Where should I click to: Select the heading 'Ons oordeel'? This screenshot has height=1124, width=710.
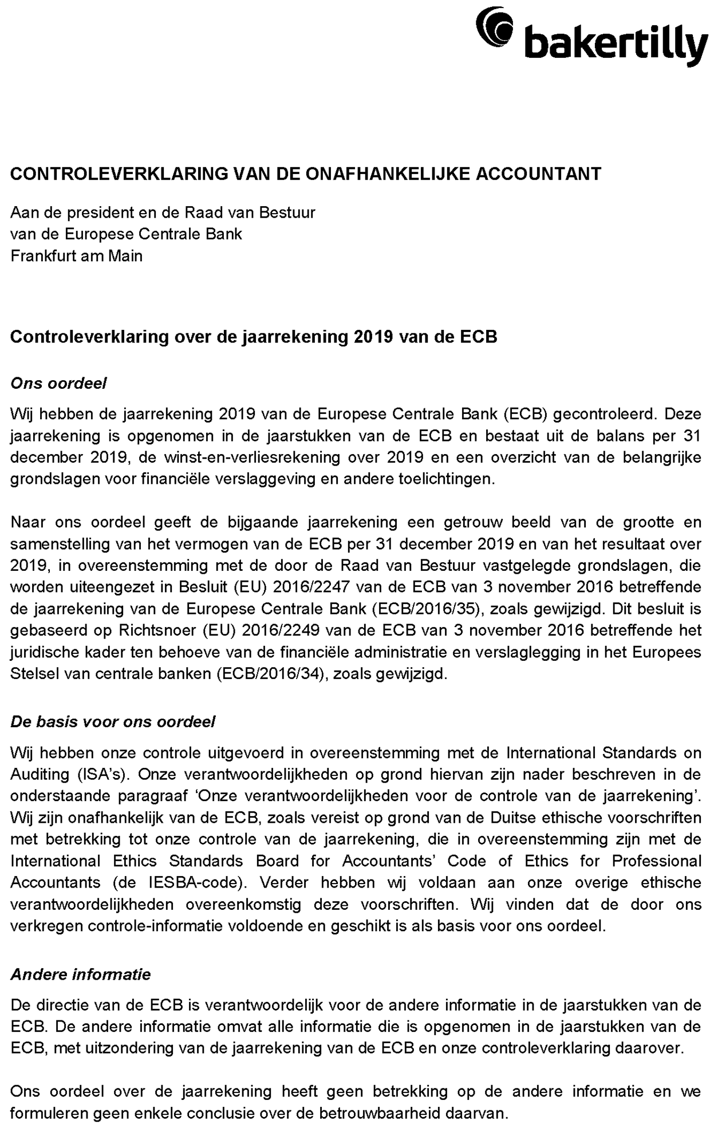click(x=58, y=383)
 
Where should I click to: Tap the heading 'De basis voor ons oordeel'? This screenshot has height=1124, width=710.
click(x=113, y=721)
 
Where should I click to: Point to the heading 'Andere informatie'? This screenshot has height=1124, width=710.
click(x=81, y=974)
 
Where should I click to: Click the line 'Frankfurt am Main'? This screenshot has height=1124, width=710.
click(x=76, y=255)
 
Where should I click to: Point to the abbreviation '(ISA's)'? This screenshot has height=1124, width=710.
click(x=103, y=774)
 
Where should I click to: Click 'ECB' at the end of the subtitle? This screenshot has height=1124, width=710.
click(x=478, y=336)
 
